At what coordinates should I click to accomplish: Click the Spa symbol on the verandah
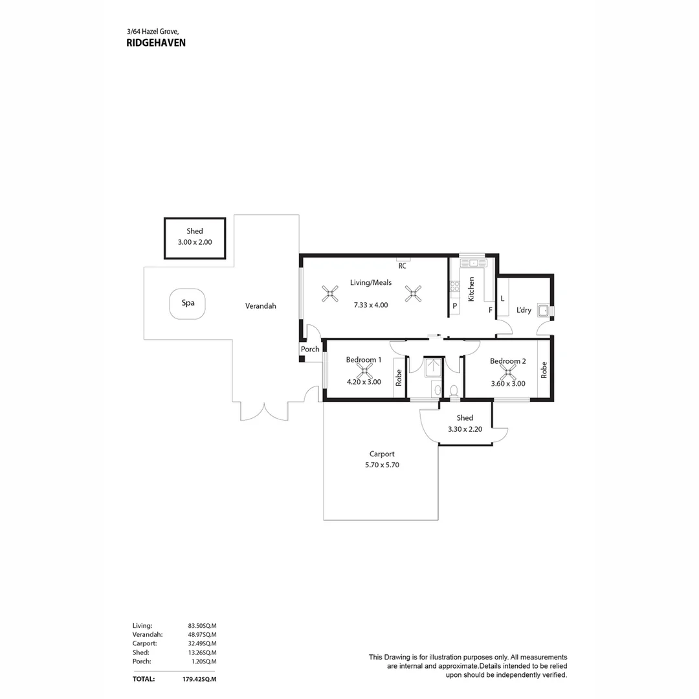pos(188,303)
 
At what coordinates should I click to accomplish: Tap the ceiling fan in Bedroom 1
pos(364,371)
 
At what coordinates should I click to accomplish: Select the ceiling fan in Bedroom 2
pos(508,372)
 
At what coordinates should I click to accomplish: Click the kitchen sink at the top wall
pos(472,263)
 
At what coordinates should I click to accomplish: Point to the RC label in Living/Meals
pos(402,265)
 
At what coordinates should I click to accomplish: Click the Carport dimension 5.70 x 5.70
pos(381,465)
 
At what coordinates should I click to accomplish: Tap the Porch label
pos(310,349)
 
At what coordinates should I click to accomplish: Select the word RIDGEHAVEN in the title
pos(156,43)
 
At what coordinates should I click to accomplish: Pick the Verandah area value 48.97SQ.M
pos(202,635)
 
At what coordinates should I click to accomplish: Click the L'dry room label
pos(524,310)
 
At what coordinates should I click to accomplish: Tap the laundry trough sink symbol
pos(543,311)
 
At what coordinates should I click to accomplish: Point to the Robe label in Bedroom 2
pos(544,370)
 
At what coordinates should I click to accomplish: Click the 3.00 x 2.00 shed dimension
pos(195,242)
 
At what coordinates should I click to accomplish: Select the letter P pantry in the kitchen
pos(454,305)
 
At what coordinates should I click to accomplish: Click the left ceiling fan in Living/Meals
pos(330,294)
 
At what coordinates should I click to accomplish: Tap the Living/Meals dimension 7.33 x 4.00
pos(371,305)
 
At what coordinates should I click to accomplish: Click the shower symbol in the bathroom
pos(432,366)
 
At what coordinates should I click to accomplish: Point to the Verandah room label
pos(260,305)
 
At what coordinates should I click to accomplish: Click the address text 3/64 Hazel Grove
pos(152,31)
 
